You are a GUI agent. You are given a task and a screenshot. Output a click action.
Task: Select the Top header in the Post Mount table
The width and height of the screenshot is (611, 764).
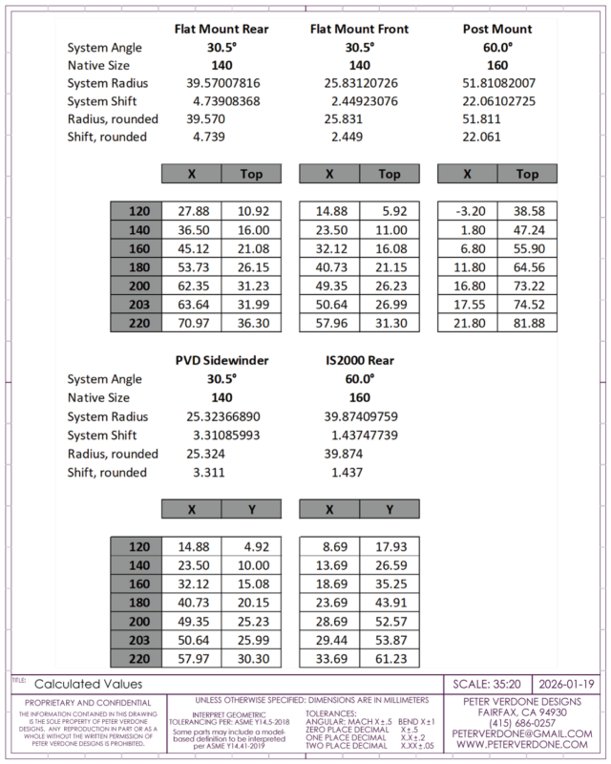coord(527,174)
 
